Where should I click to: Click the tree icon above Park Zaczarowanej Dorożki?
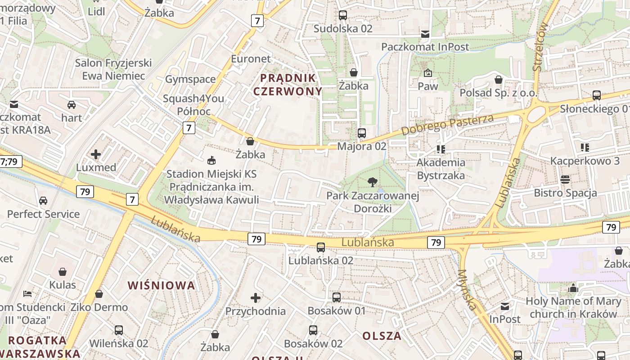click(x=372, y=182)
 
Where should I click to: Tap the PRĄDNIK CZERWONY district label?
click(x=288, y=85)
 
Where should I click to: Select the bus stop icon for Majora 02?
click(x=361, y=133)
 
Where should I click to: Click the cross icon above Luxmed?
click(x=96, y=154)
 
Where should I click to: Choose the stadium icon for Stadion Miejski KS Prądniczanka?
click(x=211, y=160)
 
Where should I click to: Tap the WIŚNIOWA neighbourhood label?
click(x=162, y=285)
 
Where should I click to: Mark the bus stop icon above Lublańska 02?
click(x=321, y=247)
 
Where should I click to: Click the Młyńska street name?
click(x=467, y=290)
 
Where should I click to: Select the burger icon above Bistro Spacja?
click(x=565, y=180)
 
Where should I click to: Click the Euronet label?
click(x=251, y=59)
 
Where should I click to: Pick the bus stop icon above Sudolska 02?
click(x=343, y=15)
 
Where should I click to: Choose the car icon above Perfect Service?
click(x=43, y=201)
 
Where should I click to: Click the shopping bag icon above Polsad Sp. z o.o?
click(x=499, y=80)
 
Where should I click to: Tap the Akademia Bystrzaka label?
click(x=441, y=169)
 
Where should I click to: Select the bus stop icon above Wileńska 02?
click(x=119, y=330)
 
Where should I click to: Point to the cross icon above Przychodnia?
click(x=256, y=297)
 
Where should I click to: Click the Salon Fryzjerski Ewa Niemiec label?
click(x=113, y=69)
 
